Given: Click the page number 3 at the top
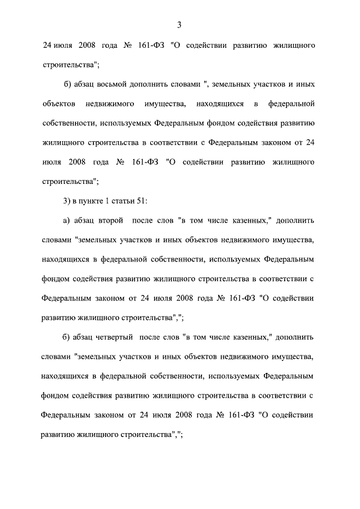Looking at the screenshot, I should tap(179, 24).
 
